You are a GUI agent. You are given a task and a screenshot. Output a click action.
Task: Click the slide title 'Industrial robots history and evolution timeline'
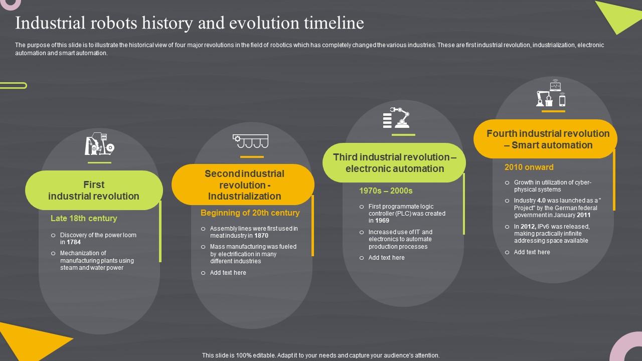pyautogui.click(x=190, y=23)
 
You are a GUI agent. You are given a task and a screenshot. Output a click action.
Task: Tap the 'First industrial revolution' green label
pyautogui.click(x=94, y=191)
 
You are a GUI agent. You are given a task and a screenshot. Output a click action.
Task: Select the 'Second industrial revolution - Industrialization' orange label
pyautogui.click(x=244, y=185)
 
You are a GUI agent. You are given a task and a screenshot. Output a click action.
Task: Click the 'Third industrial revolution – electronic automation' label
pyautogui.click(x=395, y=163)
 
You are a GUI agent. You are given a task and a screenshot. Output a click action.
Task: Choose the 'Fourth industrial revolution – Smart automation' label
pyautogui.click(x=548, y=139)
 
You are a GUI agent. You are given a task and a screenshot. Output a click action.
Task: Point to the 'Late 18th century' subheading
pyautogui.click(x=84, y=218)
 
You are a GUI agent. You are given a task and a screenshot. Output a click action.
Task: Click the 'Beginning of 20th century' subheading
pyautogui.click(x=250, y=213)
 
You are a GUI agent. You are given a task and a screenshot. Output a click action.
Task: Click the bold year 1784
pyautogui.click(x=74, y=242)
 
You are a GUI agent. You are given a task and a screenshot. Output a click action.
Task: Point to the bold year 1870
pyautogui.click(x=261, y=236)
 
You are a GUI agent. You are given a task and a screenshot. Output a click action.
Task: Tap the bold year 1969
pyautogui.click(x=382, y=221)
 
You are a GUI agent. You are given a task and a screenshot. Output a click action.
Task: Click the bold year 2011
pyautogui.click(x=583, y=215)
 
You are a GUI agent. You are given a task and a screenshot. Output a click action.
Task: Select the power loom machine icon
pyautogui.click(x=99, y=144)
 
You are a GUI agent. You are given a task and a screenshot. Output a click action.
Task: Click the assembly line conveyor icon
pyautogui.click(x=250, y=141)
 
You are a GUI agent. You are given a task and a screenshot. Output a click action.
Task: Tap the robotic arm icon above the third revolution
pyautogui.click(x=396, y=117)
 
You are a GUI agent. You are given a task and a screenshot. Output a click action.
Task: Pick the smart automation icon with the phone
pyautogui.click(x=551, y=94)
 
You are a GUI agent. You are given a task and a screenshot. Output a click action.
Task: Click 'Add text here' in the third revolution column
pyautogui.click(x=386, y=258)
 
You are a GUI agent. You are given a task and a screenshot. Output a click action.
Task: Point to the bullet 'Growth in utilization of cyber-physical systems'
pyautogui.click(x=552, y=186)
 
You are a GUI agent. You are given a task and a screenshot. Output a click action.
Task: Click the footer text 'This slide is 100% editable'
pyautogui.click(x=320, y=355)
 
